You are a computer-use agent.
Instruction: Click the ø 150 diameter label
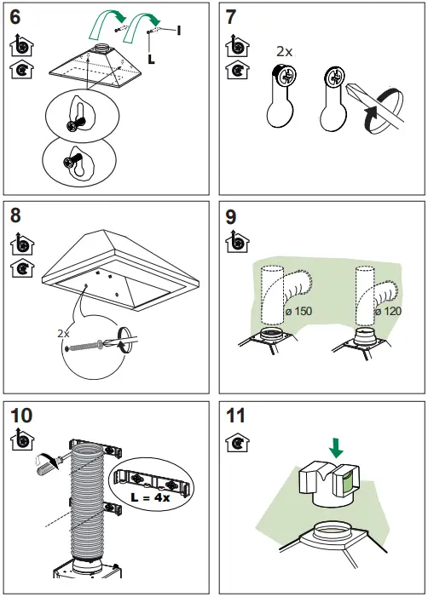pos(299,312)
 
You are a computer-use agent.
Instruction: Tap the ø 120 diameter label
pos(389,312)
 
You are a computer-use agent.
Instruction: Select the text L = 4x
pos(153,497)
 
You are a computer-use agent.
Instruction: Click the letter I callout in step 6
pos(179,31)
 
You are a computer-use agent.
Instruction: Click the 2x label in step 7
pos(285,52)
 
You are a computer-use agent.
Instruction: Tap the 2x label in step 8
pos(63,334)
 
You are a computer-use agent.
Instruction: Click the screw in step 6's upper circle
pos(74,123)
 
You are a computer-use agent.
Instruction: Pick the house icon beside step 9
pos(232,243)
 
